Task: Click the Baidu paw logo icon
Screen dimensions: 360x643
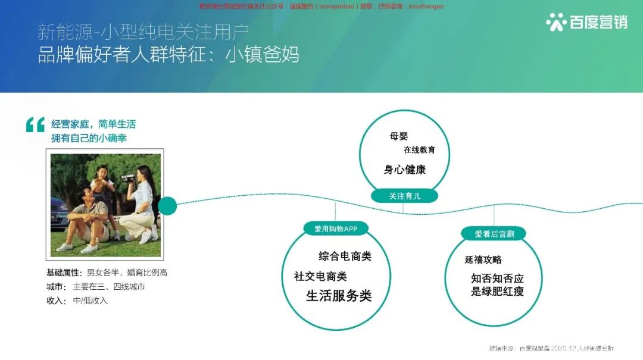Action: (x=556, y=22)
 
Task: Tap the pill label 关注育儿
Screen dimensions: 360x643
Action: (x=405, y=196)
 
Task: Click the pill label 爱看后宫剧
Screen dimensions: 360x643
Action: (x=494, y=234)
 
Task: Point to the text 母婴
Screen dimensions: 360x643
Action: (x=399, y=136)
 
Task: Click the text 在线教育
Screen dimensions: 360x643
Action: (x=419, y=150)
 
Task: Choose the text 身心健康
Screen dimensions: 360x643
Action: (x=405, y=170)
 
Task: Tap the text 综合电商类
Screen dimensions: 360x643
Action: (x=345, y=256)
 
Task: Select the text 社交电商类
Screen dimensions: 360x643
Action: (x=320, y=276)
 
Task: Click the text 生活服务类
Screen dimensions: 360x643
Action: (x=339, y=296)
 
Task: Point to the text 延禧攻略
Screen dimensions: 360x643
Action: (x=483, y=259)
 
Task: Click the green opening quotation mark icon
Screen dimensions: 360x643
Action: (x=35, y=124)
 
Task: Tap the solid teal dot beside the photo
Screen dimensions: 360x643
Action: (x=167, y=206)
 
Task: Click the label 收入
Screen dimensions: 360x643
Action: (x=56, y=300)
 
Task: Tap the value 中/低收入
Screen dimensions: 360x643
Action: (x=90, y=300)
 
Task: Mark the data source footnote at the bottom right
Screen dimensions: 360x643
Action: (x=551, y=348)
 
